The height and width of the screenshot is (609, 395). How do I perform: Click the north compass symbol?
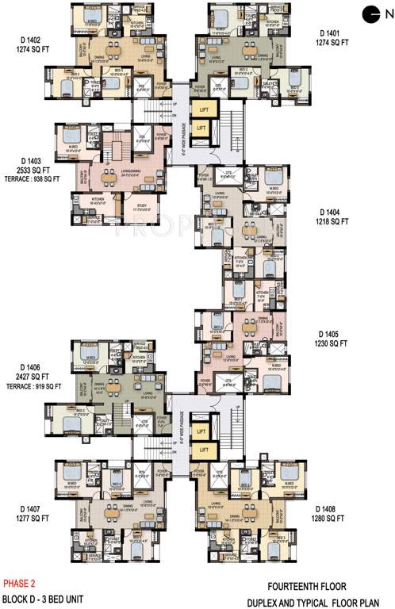coord(371,12)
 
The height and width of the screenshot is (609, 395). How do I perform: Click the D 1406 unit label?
coord(21,367)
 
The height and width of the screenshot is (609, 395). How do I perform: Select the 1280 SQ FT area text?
coord(329,518)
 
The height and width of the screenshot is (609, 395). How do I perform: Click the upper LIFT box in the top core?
coord(203,110)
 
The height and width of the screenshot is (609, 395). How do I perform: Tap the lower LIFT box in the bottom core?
coord(203,450)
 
